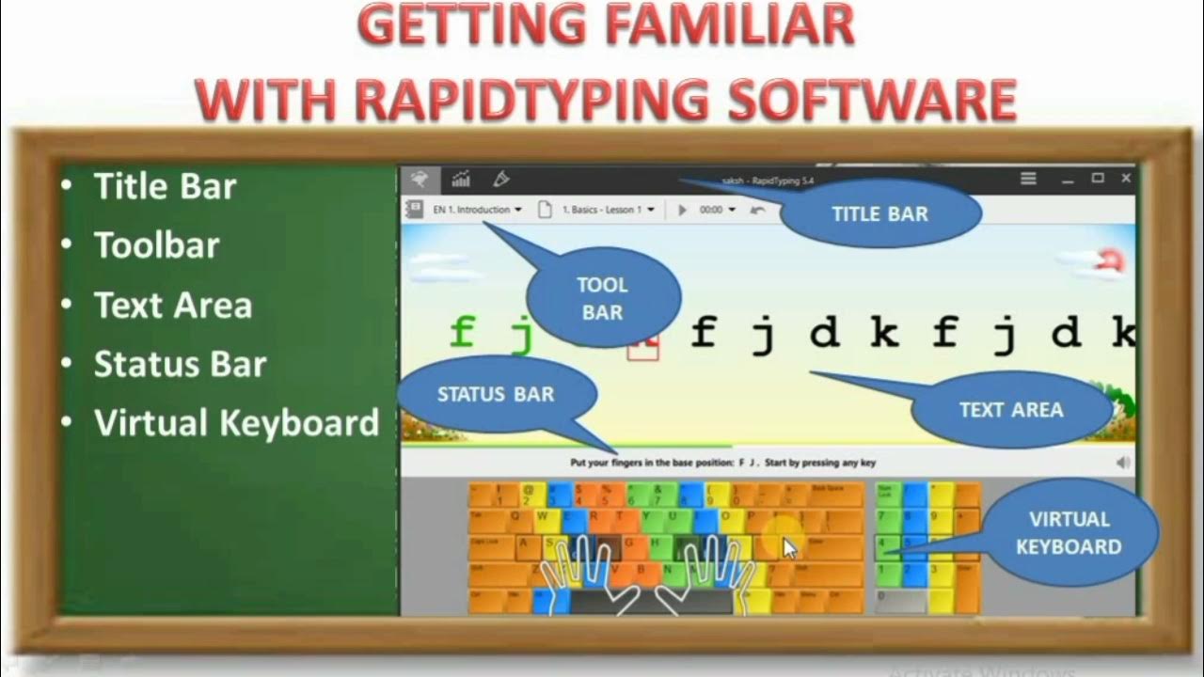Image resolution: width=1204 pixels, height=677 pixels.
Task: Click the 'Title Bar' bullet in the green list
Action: pos(165,186)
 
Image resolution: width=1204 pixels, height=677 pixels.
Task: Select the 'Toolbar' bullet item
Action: pos(156,245)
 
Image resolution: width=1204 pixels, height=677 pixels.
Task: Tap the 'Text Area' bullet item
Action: pos(173,306)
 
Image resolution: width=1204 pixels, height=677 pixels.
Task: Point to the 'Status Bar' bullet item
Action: pos(180,365)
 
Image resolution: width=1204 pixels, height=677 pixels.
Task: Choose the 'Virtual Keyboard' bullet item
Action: pos(236,423)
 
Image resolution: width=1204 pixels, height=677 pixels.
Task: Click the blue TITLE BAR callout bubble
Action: pos(880,213)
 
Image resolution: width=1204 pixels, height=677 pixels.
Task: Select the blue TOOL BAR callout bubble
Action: pos(603,298)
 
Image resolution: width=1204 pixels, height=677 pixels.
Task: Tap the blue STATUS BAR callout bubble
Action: pos(496,394)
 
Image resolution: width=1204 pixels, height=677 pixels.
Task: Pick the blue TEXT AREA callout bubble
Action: pos(1011,410)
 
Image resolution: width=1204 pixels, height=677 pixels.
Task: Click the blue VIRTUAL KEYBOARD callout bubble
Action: pos(1069,532)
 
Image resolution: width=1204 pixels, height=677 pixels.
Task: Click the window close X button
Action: pos(1126,178)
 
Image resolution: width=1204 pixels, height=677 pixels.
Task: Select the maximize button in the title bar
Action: pos(1097,178)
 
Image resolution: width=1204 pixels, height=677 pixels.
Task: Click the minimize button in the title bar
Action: pos(1068,179)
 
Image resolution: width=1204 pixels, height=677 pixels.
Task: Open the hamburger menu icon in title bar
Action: pos(1029,178)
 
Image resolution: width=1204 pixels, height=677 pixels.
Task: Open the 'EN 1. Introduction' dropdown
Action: pos(477,210)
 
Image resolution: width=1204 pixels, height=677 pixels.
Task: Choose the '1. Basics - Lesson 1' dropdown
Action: pos(607,210)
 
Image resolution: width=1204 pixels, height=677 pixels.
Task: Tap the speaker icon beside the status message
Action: pos(1122,463)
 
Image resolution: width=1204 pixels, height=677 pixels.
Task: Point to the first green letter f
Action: pos(462,332)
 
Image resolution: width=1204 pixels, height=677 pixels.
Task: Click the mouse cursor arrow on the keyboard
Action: pos(789,547)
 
